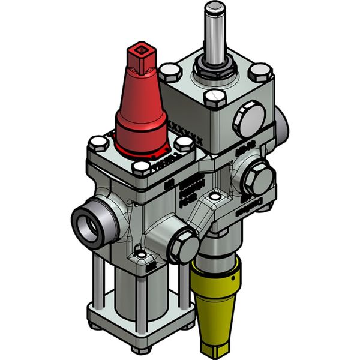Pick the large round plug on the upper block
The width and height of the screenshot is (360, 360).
coord(247,121)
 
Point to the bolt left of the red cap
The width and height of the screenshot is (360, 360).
coord(98,143)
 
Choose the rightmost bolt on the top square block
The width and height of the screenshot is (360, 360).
coord(259,72)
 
